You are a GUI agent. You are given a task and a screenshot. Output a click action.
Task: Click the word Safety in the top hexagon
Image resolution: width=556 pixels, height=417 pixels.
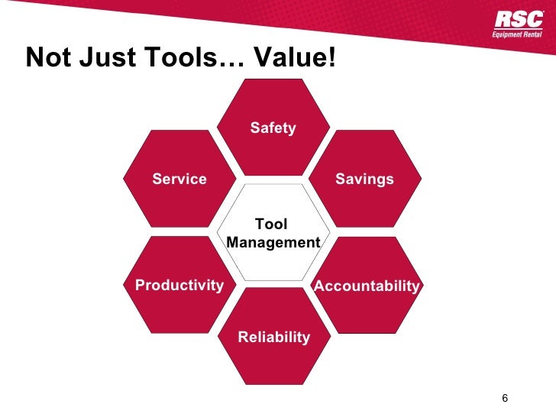point(273,128)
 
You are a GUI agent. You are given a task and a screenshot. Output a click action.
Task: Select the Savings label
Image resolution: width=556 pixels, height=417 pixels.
point(364,179)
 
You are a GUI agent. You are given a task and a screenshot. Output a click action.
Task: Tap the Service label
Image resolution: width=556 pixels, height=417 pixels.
point(179,179)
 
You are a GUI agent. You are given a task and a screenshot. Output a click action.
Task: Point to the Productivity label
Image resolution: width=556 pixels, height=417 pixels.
point(179,286)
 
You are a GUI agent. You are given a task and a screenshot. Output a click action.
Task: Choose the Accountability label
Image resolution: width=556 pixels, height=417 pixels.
point(367,286)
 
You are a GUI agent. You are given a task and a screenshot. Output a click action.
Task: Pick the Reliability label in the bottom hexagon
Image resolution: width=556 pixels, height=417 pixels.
point(274,337)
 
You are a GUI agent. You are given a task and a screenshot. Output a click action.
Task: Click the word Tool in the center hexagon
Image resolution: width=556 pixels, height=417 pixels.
point(271,225)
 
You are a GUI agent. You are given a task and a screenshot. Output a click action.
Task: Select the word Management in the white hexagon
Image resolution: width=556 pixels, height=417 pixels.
point(273,243)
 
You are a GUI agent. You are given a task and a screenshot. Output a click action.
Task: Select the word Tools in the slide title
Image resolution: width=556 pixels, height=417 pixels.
point(170,58)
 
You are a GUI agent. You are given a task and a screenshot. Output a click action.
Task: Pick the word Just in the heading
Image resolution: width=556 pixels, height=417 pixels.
point(99,58)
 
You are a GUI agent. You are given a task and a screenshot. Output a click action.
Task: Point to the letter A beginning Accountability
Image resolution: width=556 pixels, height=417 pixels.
point(320,286)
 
